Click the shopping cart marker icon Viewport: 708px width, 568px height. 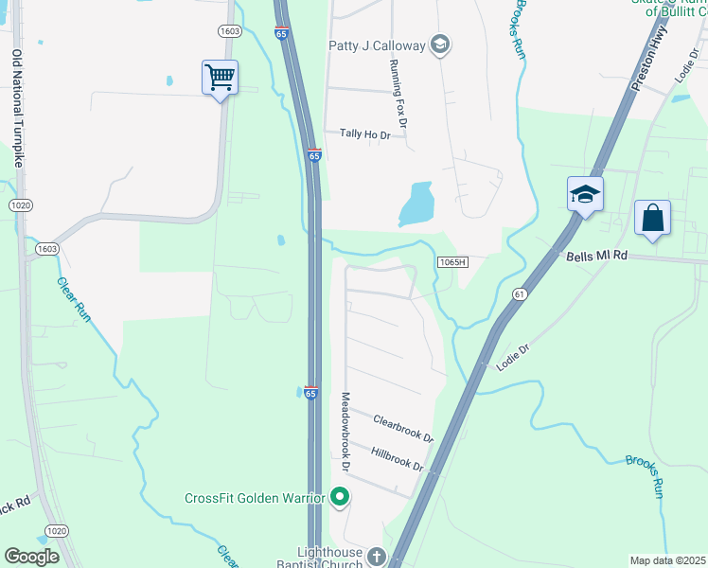click(220, 78)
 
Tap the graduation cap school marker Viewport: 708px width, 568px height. click(585, 195)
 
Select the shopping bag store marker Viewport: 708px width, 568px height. click(652, 219)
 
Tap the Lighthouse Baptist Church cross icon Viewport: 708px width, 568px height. click(377, 556)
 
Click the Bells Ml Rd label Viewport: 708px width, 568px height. click(597, 256)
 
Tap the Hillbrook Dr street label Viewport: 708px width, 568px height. click(398, 460)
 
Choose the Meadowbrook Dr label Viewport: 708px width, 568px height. click(345, 433)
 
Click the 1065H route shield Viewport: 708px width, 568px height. click(453, 261)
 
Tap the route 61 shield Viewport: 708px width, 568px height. click(520, 295)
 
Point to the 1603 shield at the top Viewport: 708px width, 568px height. click(229, 31)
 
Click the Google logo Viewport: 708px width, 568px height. click(31, 556)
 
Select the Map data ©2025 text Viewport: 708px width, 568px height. click(667, 560)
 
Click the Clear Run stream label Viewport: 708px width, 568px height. click(74, 300)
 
